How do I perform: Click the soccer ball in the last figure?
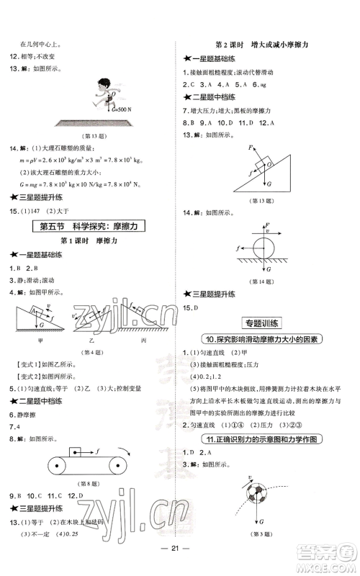coord(256,501)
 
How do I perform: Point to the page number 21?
coord(179,564)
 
